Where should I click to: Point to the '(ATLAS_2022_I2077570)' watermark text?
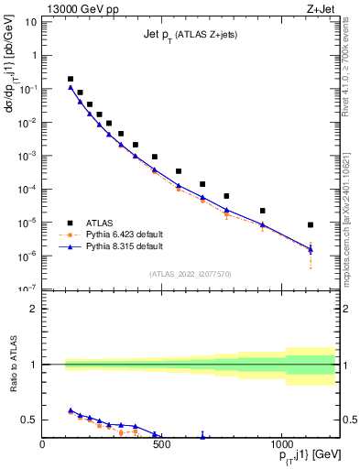[x=190, y=273]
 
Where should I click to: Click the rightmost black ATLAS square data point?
[x=311, y=224]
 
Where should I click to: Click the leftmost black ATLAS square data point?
[x=71, y=79]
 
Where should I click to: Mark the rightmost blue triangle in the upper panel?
[x=311, y=249]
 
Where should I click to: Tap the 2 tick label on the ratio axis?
[x=32, y=309]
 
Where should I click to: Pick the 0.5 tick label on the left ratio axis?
[x=27, y=420]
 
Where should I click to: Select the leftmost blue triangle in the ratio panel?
[x=71, y=410]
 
